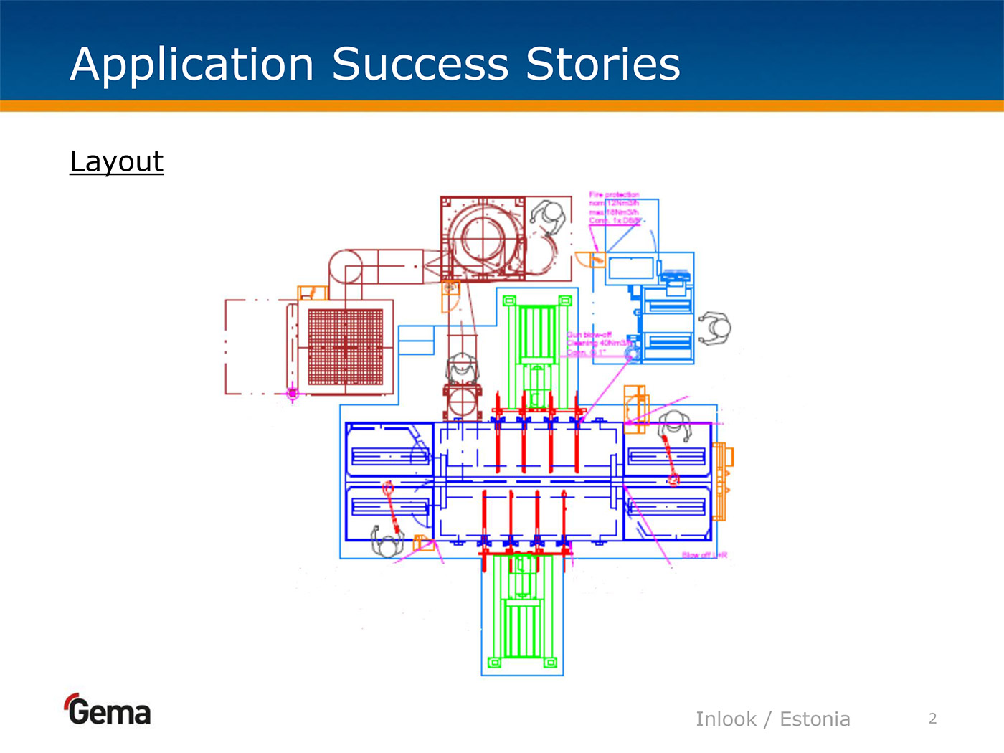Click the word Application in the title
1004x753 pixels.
191,65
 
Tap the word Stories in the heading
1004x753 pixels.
602,65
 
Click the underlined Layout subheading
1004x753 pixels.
116,161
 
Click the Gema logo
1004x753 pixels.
108,710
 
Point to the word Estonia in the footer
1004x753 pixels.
815,719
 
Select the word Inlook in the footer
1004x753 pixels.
726,719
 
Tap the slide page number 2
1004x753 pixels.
932,719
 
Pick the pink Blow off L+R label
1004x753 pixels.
704,555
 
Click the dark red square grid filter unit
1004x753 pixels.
345,347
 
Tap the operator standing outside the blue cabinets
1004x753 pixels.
714,328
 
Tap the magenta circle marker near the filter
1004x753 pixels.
292,393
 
